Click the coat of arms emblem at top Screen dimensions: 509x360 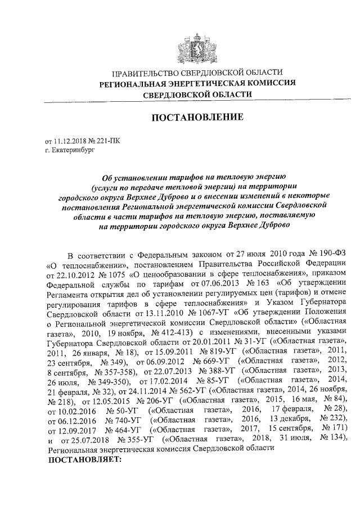(197, 46)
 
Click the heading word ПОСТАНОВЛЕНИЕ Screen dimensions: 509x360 (197, 117)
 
